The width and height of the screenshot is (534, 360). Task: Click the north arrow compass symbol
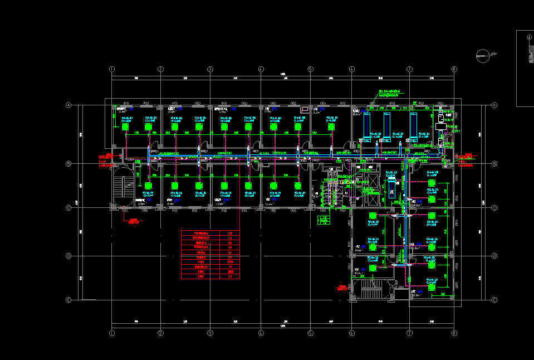(x=483, y=55)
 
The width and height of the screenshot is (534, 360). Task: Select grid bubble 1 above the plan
(x=112, y=69)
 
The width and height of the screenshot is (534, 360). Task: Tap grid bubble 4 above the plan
(x=261, y=69)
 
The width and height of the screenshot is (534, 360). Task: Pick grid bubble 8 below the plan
(x=454, y=333)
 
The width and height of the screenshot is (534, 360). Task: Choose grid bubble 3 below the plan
(x=210, y=333)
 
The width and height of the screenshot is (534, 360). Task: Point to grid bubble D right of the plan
(x=494, y=256)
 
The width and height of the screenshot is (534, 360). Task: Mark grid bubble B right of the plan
(x=494, y=164)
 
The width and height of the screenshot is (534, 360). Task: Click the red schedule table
(x=210, y=255)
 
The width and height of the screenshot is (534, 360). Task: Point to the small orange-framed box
(x=305, y=109)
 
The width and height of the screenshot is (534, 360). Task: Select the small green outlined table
(x=322, y=220)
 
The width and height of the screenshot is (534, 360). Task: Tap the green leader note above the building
(x=390, y=92)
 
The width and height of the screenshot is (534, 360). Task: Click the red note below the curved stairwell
(x=133, y=221)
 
